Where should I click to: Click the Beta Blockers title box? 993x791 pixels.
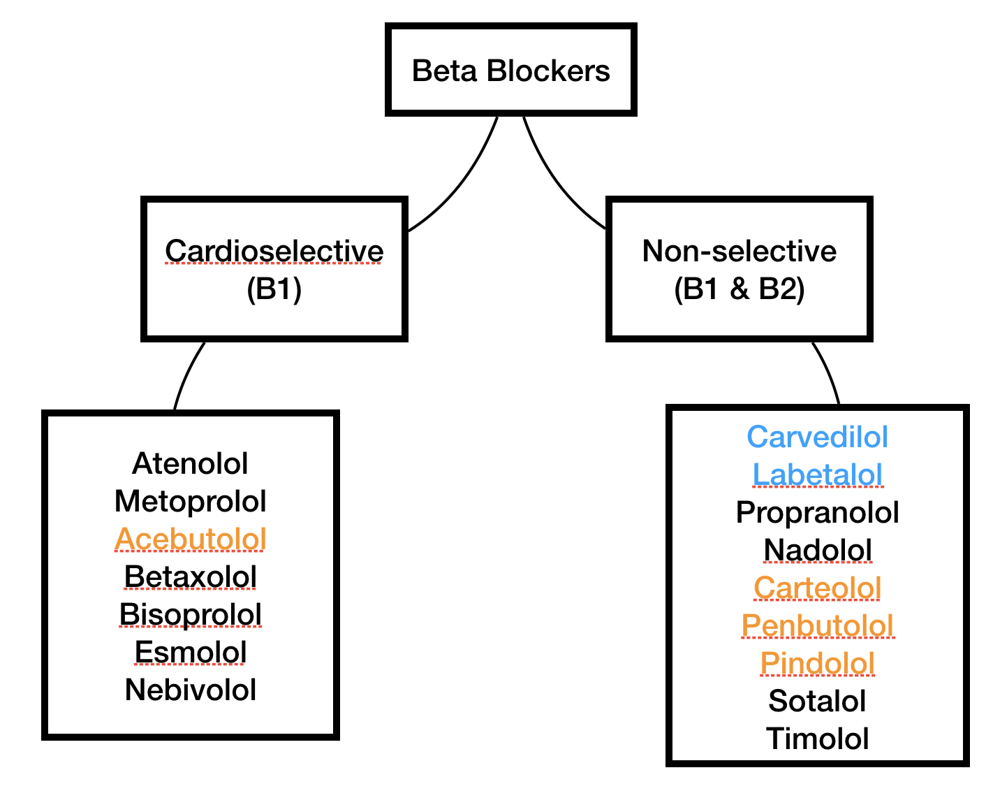click(510, 71)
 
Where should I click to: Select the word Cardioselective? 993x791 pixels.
click(274, 251)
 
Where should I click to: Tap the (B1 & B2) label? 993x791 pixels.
click(739, 289)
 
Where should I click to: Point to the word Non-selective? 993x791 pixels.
click(739, 251)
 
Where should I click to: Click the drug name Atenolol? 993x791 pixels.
click(190, 463)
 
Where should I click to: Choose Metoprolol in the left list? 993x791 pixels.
click(190, 501)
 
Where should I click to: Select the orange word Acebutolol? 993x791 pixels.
click(190, 539)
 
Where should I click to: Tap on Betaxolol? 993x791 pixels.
click(190, 576)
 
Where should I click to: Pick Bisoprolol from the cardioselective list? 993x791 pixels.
click(190, 614)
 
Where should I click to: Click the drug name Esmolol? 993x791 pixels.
click(190, 652)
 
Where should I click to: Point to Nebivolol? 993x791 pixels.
click(190, 690)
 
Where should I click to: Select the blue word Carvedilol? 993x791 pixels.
click(817, 437)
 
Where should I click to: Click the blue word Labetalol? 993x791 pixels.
click(817, 474)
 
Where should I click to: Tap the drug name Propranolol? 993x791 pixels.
click(817, 512)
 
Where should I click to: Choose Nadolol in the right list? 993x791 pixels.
click(817, 550)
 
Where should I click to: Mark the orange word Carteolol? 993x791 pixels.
click(817, 588)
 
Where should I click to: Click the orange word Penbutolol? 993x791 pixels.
click(817, 625)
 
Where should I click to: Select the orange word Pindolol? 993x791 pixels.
click(817, 663)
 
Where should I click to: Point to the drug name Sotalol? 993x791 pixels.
click(817, 701)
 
